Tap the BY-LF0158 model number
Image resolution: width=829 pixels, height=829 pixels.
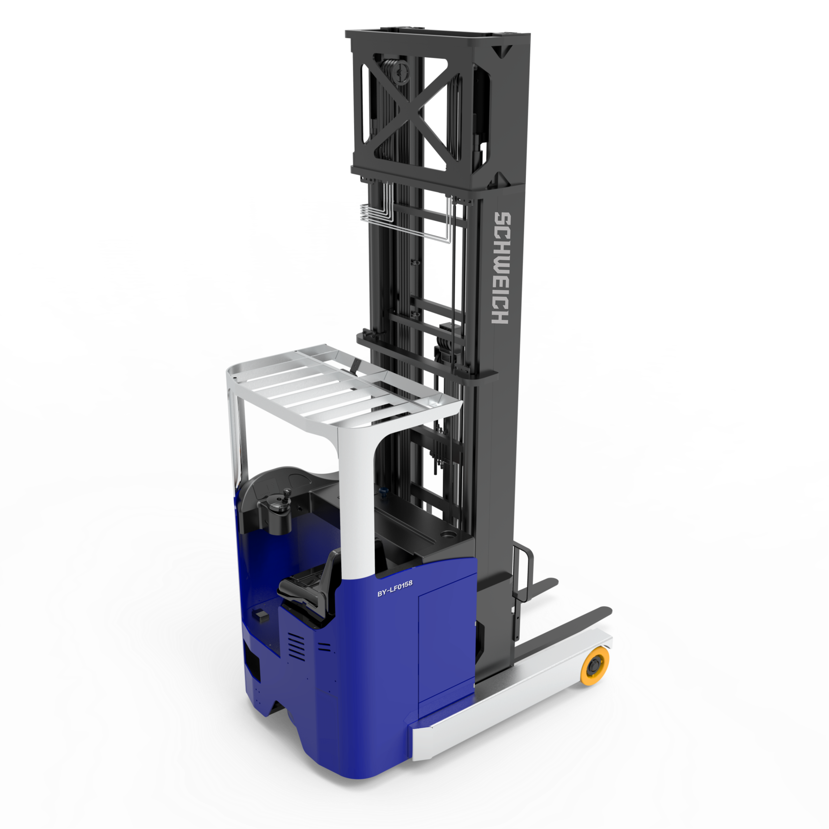[x=395, y=588]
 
